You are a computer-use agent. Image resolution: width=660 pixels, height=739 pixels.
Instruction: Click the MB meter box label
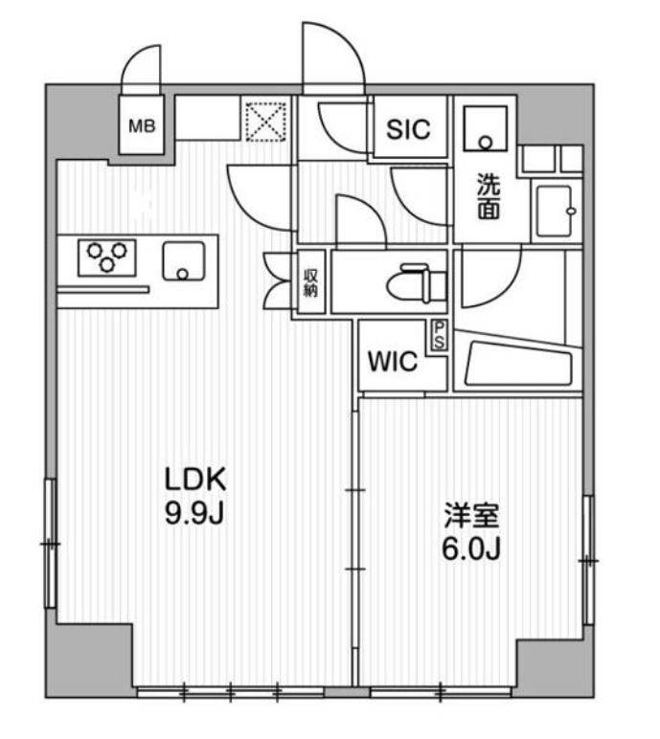click(x=142, y=125)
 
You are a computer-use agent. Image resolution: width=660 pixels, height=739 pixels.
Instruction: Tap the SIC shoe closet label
click(x=409, y=129)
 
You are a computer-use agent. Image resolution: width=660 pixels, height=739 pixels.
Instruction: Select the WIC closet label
click(x=393, y=362)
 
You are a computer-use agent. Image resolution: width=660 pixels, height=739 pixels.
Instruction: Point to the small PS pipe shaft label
click(x=439, y=335)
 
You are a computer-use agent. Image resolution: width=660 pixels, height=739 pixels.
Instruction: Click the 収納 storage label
click(x=310, y=282)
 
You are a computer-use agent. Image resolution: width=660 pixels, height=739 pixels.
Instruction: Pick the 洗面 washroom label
click(x=489, y=196)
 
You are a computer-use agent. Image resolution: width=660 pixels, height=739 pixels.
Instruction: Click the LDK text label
click(x=195, y=480)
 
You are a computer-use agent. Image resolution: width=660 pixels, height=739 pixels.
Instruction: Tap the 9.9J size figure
click(x=193, y=513)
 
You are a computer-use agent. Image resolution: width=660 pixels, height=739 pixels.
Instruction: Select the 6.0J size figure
click(x=471, y=549)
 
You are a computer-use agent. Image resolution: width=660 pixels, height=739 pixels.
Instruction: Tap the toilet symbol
click(x=416, y=282)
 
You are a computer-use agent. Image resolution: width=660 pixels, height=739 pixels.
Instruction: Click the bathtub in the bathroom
click(x=518, y=363)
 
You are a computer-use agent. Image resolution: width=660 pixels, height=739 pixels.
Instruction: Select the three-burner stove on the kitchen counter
click(x=107, y=258)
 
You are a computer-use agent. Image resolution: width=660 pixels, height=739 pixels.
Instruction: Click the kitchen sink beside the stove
click(x=184, y=261)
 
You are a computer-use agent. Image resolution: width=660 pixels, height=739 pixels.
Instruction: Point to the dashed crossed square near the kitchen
click(x=266, y=123)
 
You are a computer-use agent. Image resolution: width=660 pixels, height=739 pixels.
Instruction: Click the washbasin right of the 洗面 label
click(x=555, y=212)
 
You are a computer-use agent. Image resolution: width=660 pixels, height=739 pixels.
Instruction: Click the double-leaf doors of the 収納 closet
click(x=280, y=282)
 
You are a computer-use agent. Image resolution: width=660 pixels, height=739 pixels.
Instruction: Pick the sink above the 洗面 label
click(x=486, y=128)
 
